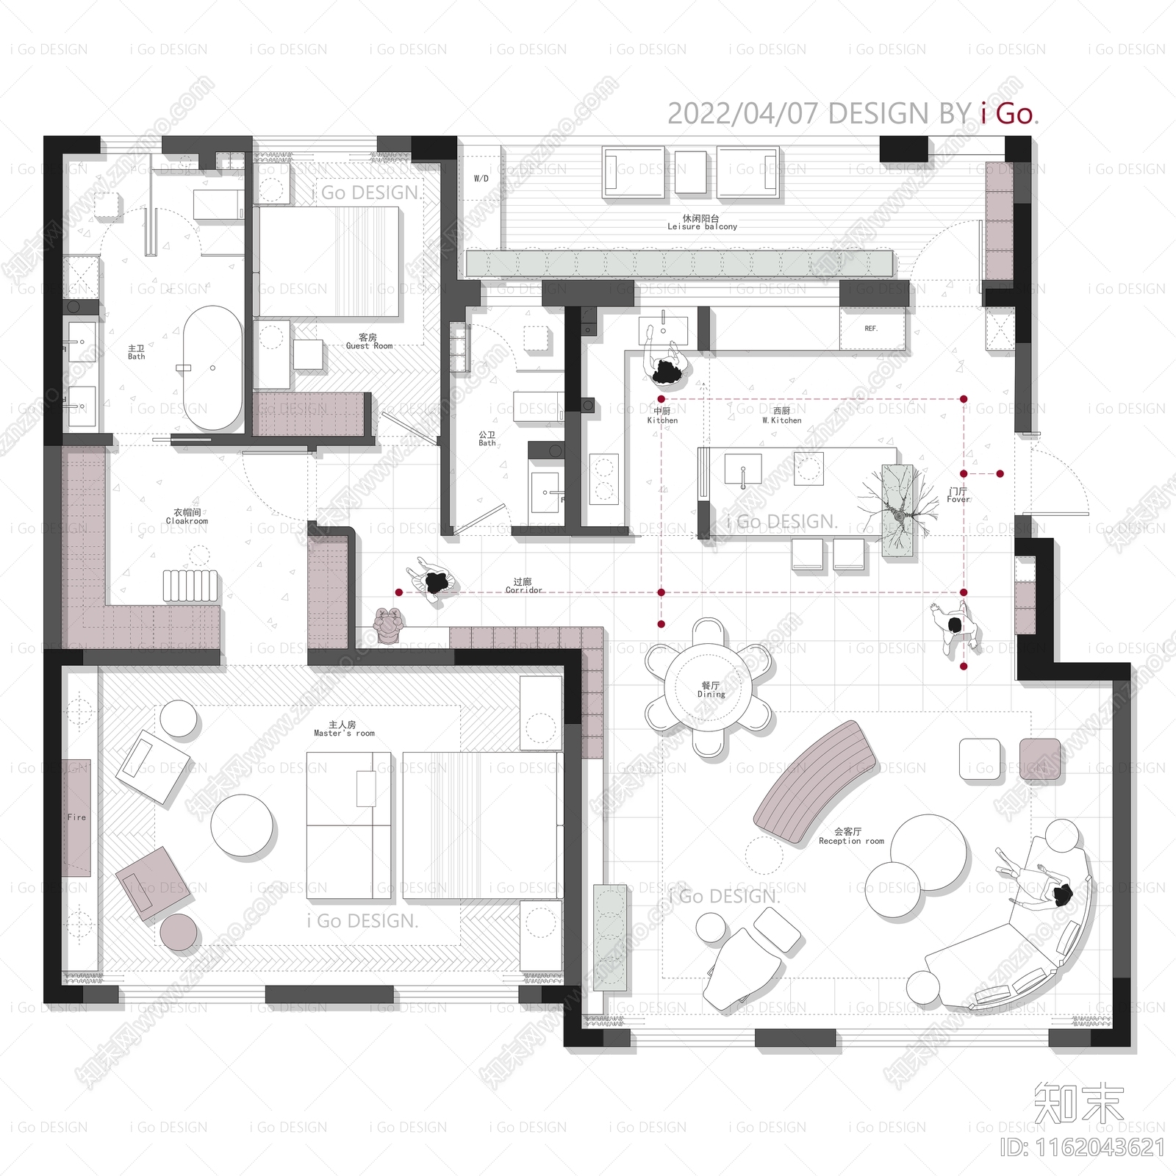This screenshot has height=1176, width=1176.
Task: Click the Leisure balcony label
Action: click(x=702, y=223)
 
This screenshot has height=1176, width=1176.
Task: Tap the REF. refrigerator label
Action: click(x=871, y=329)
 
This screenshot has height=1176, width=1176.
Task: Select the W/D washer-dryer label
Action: click(x=481, y=179)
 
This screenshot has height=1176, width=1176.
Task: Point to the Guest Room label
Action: click(x=369, y=342)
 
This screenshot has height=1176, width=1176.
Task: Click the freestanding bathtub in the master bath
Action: click(x=212, y=367)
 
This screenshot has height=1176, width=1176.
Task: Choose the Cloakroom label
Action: click(x=187, y=517)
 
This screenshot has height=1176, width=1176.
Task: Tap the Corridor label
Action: click(x=523, y=586)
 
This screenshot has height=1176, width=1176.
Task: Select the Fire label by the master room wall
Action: click(x=76, y=817)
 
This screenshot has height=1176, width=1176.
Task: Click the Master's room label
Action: click(x=344, y=729)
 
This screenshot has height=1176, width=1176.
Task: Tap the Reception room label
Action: click(x=850, y=836)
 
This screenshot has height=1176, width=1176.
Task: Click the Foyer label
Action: click(x=958, y=495)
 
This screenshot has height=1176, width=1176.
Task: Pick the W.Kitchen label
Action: click(x=782, y=416)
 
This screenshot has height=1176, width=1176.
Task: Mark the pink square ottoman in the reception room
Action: click(x=1040, y=759)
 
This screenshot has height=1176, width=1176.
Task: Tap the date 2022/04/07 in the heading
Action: click(x=742, y=114)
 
